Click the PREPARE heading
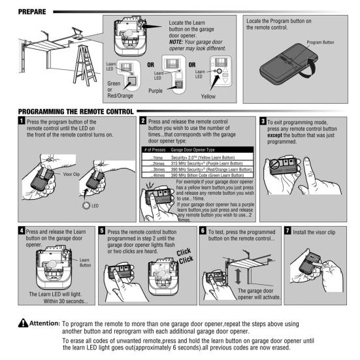click(x=32, y=12)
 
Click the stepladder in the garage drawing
click(x=85, y=65)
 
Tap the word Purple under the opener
click(x=155, y=91)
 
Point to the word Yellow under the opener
click(x=208, y=97)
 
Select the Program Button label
click(x=320, y=42)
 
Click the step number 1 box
click(x=22, y=120)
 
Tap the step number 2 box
click(x=143, y=120)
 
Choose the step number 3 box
click(x=263, y=121)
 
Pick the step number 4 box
click(x=22, y=230)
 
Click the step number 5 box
click(x=102, y=230)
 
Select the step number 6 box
click(x=203, y=230)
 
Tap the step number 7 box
click(x=287, y=230)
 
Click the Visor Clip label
click(x=71, y=174)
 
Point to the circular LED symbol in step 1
click(x=86, y=205)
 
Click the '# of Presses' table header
click(x=155, y=150)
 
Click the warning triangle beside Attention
click(x=23, y=323)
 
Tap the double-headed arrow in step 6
click(x=238, y=276)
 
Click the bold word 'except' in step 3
click(x=274, y=135)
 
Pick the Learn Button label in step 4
click(x=85, y=263)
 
